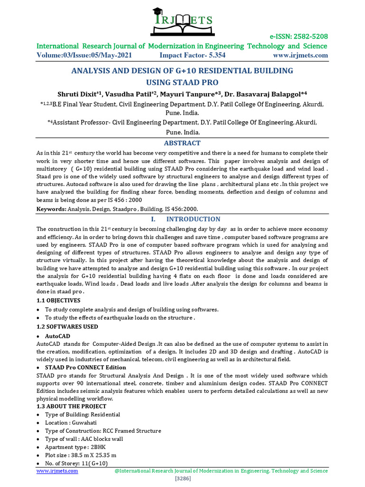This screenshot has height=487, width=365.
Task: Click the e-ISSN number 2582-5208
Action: [309, 37]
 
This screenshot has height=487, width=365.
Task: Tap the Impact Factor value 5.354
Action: [215, 55]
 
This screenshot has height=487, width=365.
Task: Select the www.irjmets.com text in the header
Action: [300, 55]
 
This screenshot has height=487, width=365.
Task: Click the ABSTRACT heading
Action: [182, 143]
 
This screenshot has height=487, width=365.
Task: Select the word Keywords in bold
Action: [51, 209]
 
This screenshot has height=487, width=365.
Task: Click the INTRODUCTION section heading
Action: [192, 219]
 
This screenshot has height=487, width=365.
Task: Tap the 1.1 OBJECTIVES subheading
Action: [58, 301]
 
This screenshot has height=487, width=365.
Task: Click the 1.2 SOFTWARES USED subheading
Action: [67, 327]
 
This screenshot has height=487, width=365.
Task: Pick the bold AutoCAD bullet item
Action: [58, 336]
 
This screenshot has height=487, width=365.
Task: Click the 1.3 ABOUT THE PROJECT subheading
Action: [71, 407]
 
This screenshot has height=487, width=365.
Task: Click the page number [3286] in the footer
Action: [182, 478]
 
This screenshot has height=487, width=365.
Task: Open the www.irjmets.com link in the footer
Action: [57, 471]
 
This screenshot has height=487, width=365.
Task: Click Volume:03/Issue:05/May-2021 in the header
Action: [84, 55]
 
